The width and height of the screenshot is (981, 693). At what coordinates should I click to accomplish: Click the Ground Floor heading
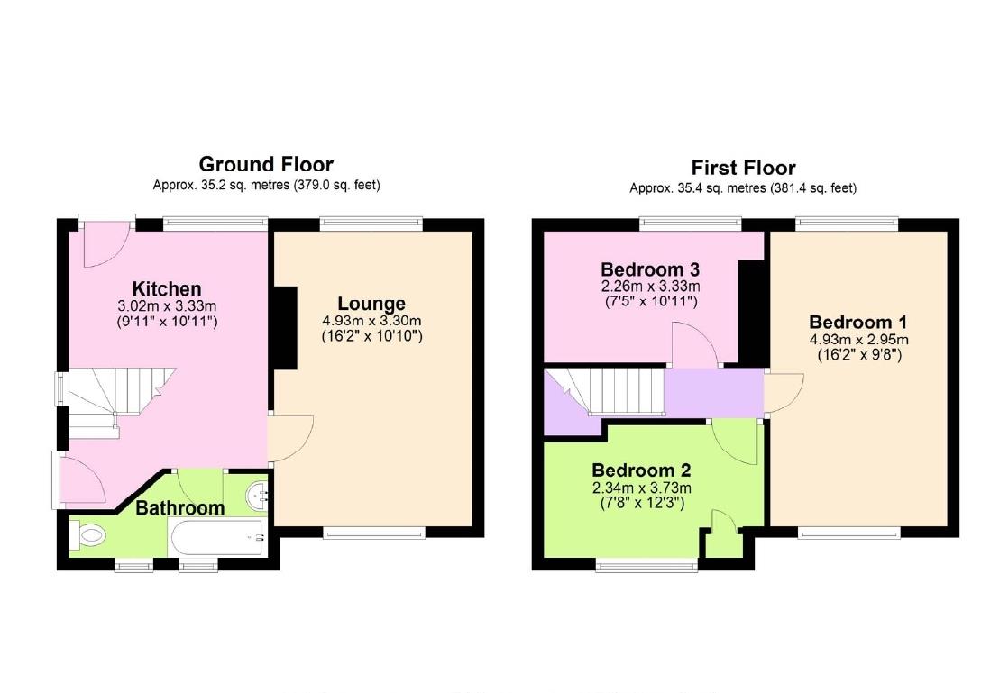[x=266, y=164]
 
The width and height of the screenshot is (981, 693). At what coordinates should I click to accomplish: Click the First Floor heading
[x=743, y=168]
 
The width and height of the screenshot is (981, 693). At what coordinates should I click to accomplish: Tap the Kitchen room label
[x=167, y=288]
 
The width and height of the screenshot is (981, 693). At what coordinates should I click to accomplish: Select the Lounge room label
[x=371, y=304]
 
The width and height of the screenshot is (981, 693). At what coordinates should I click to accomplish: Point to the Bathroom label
[x=179, y=508]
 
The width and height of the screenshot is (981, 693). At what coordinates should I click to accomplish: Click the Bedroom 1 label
[x=857, y=323]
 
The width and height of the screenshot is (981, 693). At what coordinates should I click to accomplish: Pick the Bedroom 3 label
[x=650, y=269]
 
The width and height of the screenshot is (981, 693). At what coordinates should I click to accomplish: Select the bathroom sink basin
[x=259, y=494]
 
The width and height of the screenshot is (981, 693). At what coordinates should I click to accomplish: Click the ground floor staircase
[x=108, y=401]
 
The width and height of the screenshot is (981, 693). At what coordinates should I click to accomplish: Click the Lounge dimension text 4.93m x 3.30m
[x=371, y=321]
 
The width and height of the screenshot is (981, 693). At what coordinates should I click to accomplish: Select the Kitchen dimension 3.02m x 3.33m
[x=167, y=305]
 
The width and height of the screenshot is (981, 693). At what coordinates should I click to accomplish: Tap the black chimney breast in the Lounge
[x=284, y=327]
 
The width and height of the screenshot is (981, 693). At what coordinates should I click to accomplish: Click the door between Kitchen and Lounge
[x=291, y=439]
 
